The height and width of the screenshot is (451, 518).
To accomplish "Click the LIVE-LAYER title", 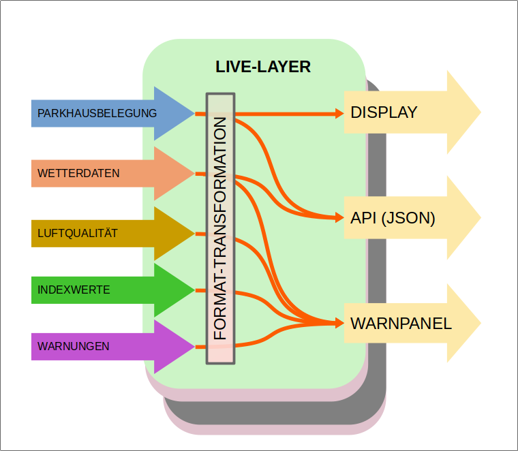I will tap(263, 67).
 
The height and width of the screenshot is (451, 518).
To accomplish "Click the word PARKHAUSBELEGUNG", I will tap(97, 113).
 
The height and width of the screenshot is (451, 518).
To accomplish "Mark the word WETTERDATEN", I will tap(78, 173).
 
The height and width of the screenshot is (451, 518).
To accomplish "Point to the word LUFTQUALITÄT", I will tap(78, 233).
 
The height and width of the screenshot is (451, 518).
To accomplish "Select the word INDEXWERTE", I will tap(74, 290).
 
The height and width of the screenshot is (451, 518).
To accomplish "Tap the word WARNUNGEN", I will tap(74, 346).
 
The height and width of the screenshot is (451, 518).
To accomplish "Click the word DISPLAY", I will tap(384, 112).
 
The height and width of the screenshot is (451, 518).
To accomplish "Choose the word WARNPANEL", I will tap(401, 324).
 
